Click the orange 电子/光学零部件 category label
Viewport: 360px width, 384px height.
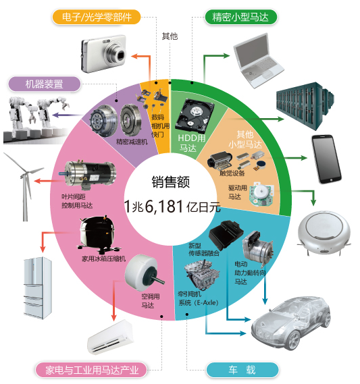point(97,17)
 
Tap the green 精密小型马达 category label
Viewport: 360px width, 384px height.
point(240,17)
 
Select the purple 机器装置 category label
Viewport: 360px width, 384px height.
point(45,84)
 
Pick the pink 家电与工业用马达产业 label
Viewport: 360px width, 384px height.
point(91,370)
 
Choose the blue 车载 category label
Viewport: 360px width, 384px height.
point(242,370)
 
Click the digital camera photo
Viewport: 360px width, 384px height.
point(104,53)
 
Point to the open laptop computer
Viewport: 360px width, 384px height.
point(258,61)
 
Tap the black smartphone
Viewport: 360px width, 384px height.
point(326,159)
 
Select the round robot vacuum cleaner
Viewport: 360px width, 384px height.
point(324,232)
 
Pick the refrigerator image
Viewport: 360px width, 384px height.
point(38,288)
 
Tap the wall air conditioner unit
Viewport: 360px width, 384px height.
point(111,337)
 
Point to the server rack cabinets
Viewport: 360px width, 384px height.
point(305,106)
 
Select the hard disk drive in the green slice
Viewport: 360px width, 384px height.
point(195,116)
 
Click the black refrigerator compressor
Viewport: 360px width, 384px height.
point(97,234)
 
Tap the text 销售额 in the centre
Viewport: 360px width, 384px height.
point(171,182)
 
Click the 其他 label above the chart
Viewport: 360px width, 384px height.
point(170,36)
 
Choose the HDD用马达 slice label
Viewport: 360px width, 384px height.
point(191,143)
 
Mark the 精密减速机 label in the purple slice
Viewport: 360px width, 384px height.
point(132,142)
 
